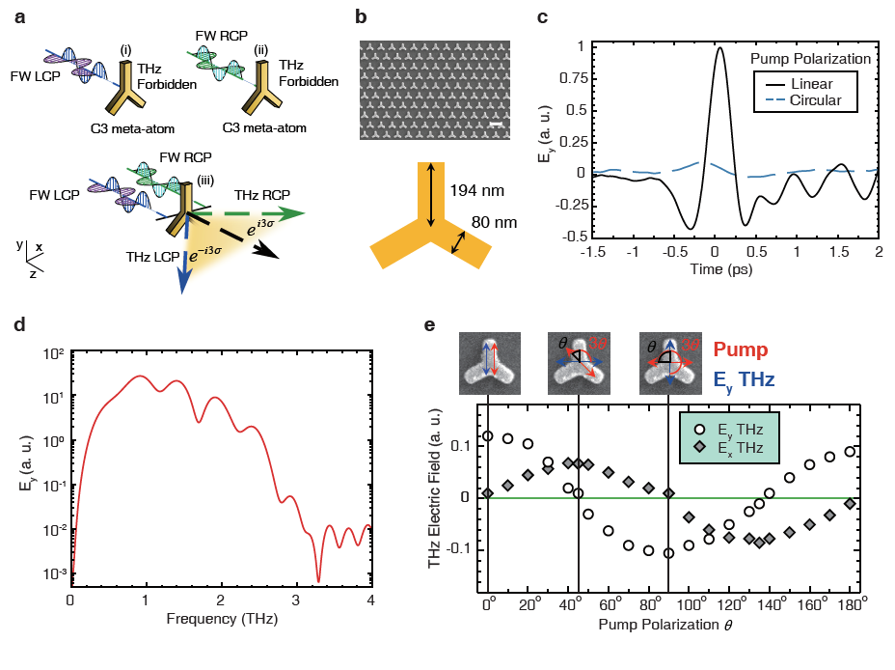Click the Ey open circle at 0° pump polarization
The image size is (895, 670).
point(488,436)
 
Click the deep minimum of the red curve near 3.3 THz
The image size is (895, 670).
point(318,581)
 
